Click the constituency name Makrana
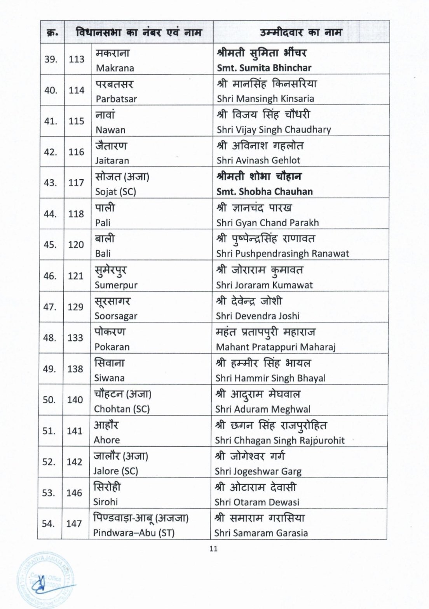point(115,68)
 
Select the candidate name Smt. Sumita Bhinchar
point(264,68)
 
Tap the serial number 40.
point(51,90)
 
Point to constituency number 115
point(76,121)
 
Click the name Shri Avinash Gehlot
point(258,160)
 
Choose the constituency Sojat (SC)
point(115,192)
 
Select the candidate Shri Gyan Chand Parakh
point(267,223)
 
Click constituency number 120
point(76,245)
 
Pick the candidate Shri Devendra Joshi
point(258,316)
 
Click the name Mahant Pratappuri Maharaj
point(276,347)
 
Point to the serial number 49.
point(49,369)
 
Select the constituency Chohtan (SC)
point(122,409)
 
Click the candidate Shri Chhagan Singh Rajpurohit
point(279,440)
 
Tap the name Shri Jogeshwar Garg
point(258,471)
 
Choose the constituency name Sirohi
point(105,502)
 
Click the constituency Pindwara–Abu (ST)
point(134,533)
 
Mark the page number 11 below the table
point(213,548)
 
